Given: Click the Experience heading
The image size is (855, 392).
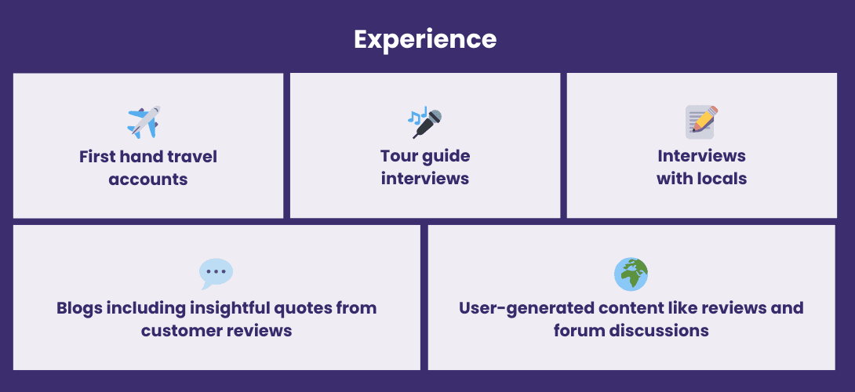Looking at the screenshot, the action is tap(425, 40).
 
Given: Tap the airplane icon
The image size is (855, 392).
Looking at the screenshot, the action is tap(144, 122).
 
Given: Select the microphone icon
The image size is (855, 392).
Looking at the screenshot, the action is tap(425, 122).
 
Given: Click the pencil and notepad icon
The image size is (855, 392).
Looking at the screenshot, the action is tap(702, 122).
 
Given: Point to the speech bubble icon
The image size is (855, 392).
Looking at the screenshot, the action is tap(216, 274).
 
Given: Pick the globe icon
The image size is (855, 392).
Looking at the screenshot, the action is tap(631, 274).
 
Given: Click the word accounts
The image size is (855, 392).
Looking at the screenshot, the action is tap(148, 180).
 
